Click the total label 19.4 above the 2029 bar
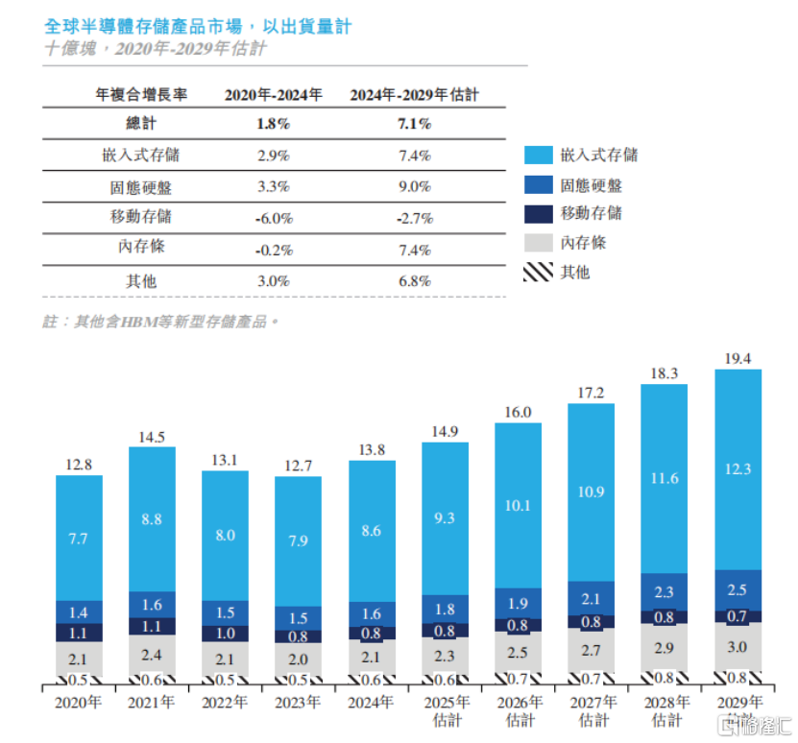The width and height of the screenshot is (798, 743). (738, 357)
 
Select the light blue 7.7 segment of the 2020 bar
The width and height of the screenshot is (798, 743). (79, 539)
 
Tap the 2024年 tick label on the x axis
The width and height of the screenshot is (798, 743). (371, 702)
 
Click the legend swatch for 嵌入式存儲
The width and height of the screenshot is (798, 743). (538, 156)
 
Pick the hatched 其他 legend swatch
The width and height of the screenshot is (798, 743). (538, 273)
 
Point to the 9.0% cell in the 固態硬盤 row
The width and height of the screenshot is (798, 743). (414, 186)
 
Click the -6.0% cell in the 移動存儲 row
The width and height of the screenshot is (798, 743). (273, 218)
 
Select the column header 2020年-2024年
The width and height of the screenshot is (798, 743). (273, 95)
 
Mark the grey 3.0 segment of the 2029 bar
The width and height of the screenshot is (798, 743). (738, 647)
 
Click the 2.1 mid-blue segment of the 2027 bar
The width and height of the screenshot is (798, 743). (592, 599)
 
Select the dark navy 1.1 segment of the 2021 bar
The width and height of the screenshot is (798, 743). (152, 626)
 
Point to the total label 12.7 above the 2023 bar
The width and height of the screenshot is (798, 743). (298, 467)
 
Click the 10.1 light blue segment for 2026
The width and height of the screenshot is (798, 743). (519, 506)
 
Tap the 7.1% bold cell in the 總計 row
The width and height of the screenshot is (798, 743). (414, 124)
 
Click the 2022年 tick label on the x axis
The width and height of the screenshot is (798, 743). (225, 702)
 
